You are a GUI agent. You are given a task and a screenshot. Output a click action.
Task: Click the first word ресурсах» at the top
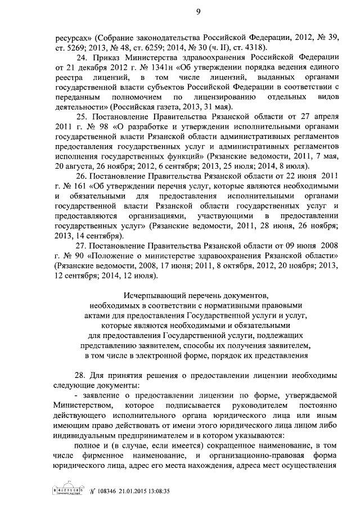[71, 37]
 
